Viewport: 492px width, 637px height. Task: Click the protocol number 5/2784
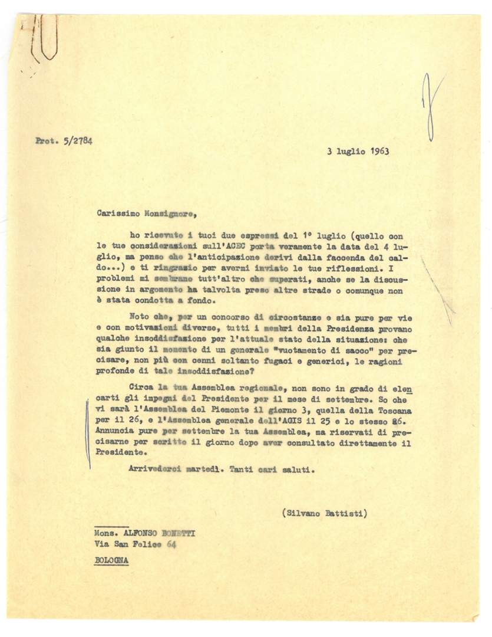pyautogui.click(x=75, y=140)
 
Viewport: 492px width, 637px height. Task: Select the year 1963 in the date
pyautogui.click(x=383, y=151)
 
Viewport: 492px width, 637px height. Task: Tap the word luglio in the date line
pyautogui.click(x=352, y=151)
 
